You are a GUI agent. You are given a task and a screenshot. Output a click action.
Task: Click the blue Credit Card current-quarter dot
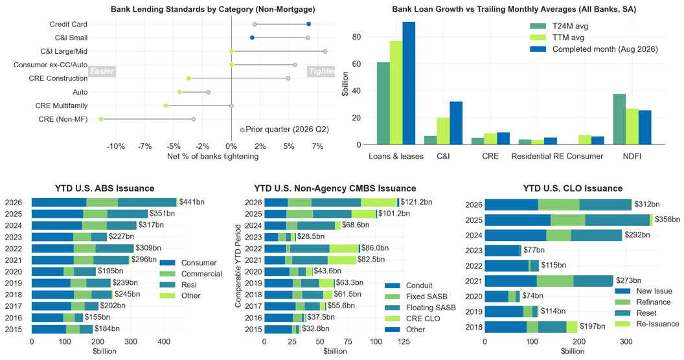[308, 25]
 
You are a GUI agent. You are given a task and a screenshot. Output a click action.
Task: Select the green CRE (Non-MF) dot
[101, 119]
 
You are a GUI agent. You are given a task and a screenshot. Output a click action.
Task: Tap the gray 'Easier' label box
[102, 71]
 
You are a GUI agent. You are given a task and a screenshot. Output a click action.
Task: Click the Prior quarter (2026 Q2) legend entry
[284, 129]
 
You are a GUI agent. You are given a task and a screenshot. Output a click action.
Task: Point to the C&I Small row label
[71, 38]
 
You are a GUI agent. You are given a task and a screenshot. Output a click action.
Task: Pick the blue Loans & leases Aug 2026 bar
[409, 83]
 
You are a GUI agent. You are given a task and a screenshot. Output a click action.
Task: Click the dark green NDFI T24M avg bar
[619, 119]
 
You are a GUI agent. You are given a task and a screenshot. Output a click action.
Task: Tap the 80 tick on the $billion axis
[356, 37]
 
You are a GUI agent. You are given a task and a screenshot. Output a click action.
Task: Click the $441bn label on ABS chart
[192, 202]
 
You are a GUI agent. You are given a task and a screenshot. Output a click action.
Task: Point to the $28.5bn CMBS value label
[311, 237]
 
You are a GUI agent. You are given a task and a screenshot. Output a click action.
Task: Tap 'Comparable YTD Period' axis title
[238, 266]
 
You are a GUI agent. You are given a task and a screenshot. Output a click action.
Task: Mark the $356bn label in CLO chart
[667, 219]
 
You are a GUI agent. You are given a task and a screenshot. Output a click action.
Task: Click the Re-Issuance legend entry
[647, 324]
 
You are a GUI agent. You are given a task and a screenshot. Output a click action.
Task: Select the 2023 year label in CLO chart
[473, 251]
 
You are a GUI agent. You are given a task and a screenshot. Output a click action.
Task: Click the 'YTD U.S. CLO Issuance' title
[573, 188]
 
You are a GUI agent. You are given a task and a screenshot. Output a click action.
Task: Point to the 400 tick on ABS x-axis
[164, 342]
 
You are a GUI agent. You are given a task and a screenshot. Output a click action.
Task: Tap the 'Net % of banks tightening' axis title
[213, 157]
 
